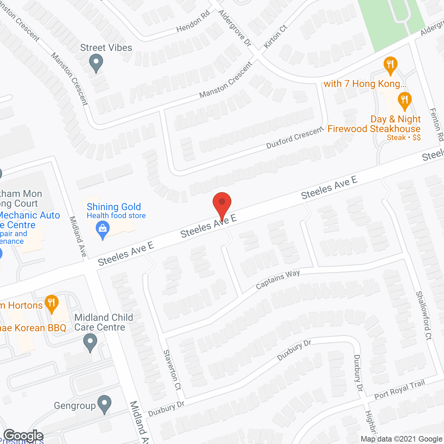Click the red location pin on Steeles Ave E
click(x=222, y=205)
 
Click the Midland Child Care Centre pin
click(x=90, y=342)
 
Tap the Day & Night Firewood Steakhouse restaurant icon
click(x=404, y=100)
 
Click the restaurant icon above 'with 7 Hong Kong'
click(x=390, y=65)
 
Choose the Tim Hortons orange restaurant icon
click(x=51, y=303)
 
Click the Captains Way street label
click(x=277, y=280)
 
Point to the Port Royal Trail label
click(x=399, y=390)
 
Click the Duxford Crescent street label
click(x=294, y=138)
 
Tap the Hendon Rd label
click(x=193, y=22)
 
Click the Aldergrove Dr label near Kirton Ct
click(x=234, y=28)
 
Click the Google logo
click(x=23, y=436)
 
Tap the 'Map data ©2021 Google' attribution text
click(x=401, y=439)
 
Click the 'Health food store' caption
click(x=116, y=216)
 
